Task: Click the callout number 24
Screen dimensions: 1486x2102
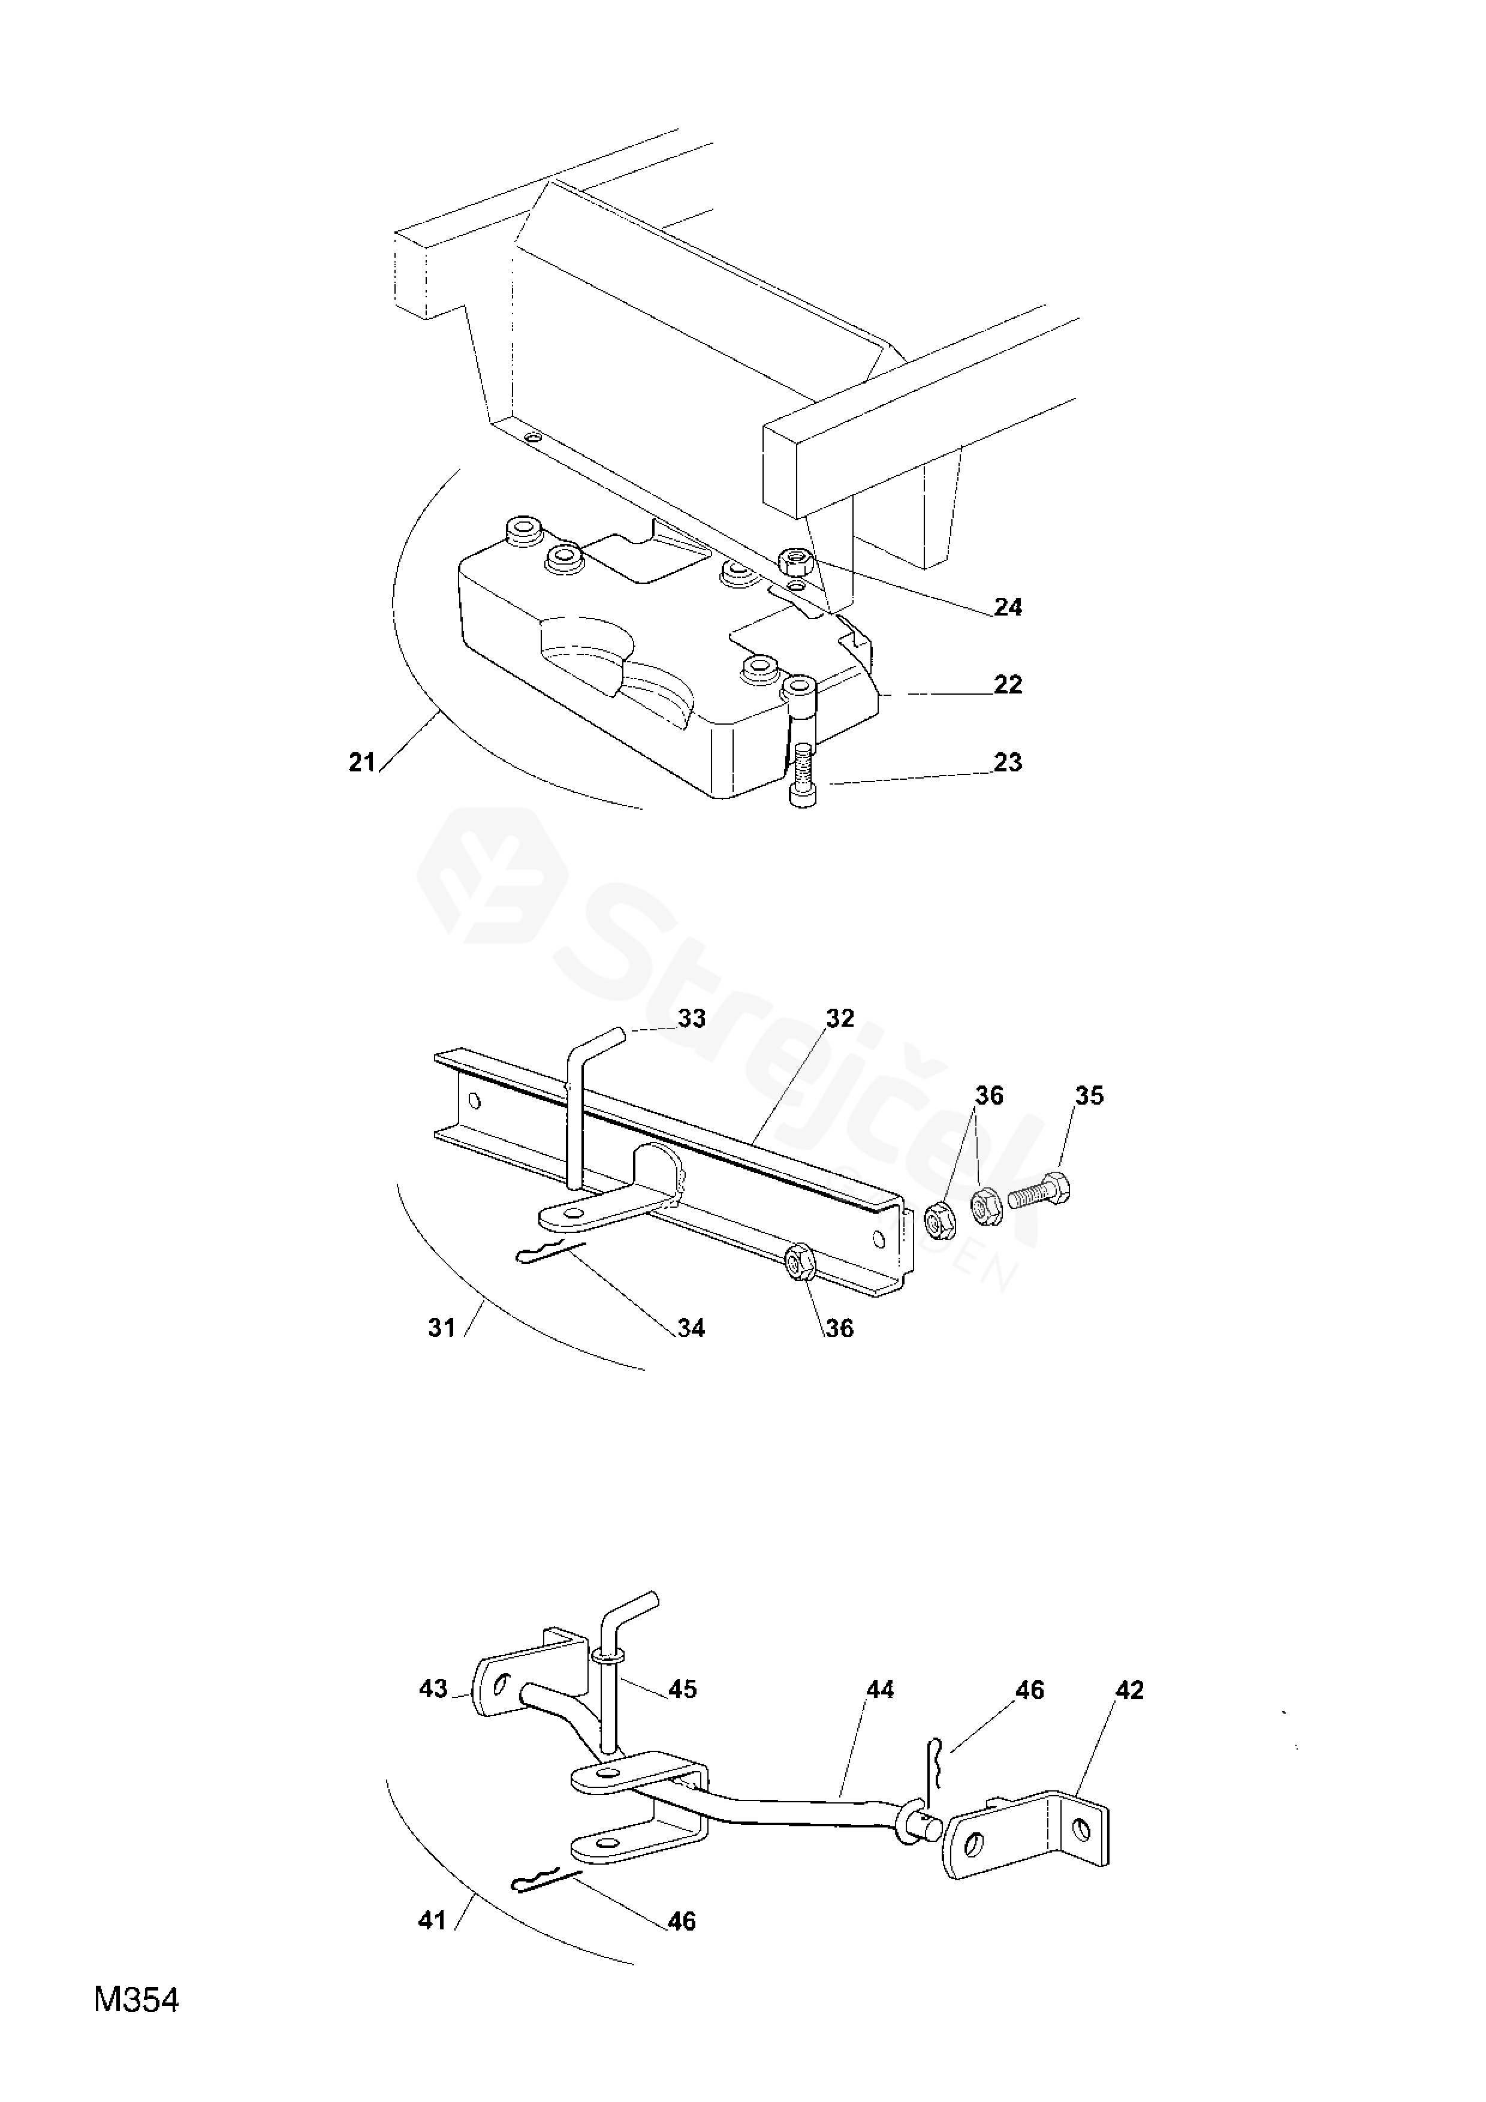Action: click(1008, 607)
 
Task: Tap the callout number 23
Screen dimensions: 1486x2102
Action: click(1008, 762)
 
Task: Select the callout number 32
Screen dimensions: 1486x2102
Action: click(840, 1019)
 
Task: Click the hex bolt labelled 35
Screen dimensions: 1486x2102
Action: click(1040, 1192)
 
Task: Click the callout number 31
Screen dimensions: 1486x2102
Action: click(442, 1328)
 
